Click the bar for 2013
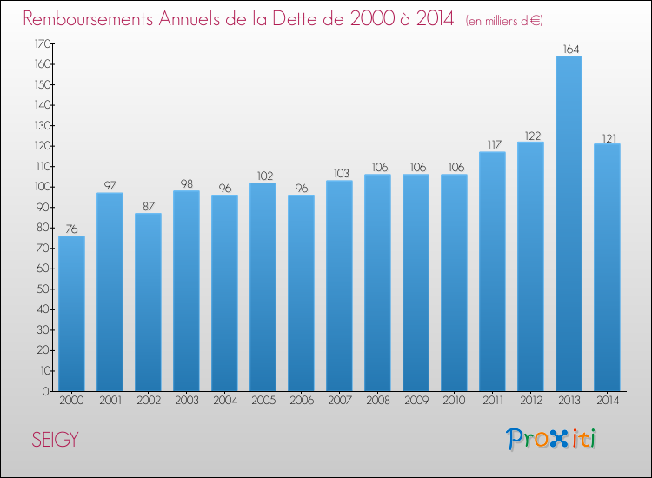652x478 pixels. [569, 223]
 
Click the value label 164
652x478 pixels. [569, 50]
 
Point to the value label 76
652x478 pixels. [71, 229]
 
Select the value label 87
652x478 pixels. [148, 207]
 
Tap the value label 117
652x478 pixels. [492, 145]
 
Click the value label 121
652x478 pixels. [607, 137]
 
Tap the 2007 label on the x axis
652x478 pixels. [339, 402]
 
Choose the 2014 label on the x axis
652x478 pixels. [607, 402]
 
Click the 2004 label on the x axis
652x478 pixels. [224, 402]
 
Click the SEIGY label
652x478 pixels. [55, 440]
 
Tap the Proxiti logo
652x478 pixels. [553, 439]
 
